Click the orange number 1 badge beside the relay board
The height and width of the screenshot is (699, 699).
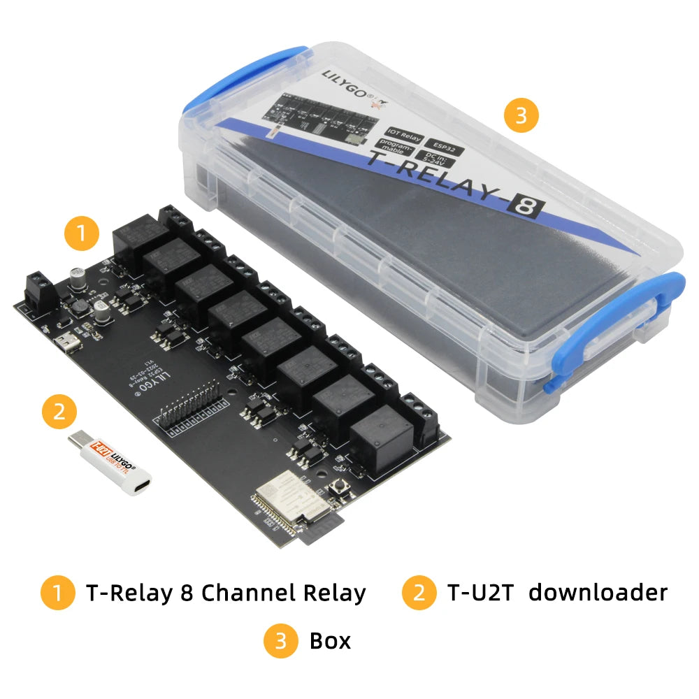tap(83, 233)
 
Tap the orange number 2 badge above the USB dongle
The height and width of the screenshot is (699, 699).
tap(59, 412)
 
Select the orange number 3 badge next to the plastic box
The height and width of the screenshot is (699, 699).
tap(520, 115)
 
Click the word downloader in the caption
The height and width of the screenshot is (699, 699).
tap(598, 593)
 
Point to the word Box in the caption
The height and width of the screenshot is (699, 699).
tap(330, 640)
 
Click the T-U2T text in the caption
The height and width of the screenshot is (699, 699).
tap(480, 593)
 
